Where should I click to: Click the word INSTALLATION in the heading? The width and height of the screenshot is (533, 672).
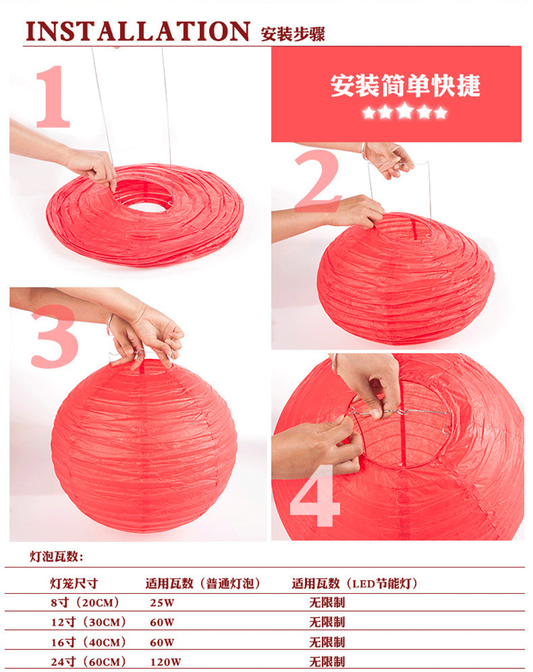point(137,31)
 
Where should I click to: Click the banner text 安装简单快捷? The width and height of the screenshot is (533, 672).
point(405,85)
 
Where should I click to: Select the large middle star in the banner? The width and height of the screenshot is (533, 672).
point(405,111)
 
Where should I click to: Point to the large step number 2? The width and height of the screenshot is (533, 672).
point(317,183)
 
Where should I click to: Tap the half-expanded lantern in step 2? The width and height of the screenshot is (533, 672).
point(405,277)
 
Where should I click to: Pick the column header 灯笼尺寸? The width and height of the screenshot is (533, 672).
point(74,584)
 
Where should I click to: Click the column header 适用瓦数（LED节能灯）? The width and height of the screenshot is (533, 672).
point(355,584)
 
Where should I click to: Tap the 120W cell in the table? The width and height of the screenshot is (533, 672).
point(166,661)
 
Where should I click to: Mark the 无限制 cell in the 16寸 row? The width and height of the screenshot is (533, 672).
point(327,642)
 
